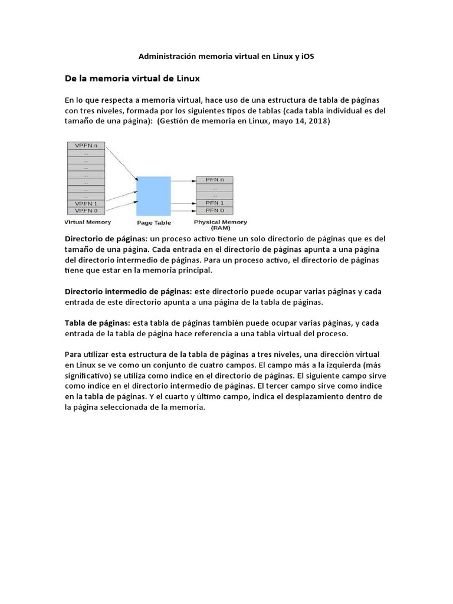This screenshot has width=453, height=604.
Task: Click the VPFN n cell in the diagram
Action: coord(86,145)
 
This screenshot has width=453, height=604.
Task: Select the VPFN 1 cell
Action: coord(86,203)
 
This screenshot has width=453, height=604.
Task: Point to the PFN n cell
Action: coord(214,179)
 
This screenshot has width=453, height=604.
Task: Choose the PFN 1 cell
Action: coord(214,202)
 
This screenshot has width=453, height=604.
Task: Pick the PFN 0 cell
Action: coord(214,210)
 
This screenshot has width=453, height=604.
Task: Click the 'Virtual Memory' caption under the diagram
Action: coord(87,222)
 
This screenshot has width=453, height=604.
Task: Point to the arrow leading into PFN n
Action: coord(183,179)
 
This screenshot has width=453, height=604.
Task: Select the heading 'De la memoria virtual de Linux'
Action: coord(133,78)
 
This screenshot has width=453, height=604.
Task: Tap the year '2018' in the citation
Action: coord(318,122)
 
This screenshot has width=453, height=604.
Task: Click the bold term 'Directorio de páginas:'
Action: coord(106,239)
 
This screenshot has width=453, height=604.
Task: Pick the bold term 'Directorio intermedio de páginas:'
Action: coord(129,291)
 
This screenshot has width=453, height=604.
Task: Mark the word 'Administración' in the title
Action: coord(166,57)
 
